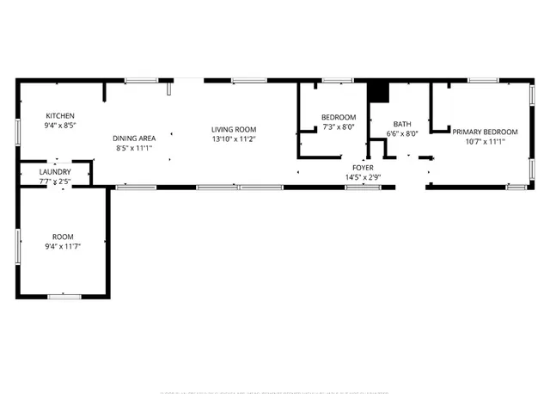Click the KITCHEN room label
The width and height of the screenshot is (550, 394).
tap(60, 115)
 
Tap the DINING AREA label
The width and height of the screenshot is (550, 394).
tap(134, 138)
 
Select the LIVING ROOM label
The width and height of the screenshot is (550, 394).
tap(235, 129)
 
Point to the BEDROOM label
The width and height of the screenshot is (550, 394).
tap(339, 117)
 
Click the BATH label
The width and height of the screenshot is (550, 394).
tap(402, 124)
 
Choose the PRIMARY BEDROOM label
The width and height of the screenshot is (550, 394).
tap(486, 132)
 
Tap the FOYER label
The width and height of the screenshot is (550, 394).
tap(362, 168)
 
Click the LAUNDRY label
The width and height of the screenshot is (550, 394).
tap(55, 172)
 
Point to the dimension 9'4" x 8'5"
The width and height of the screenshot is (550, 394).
tap(60, 126)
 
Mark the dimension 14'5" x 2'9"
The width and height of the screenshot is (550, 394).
tap(362, 177)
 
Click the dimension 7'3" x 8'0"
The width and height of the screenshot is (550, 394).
tap(339, 127)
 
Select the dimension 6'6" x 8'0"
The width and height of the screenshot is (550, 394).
tap(402, 133)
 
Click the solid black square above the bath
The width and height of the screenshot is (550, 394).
tap(377, 90)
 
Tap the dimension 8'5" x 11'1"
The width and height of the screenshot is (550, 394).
tap(134, 147)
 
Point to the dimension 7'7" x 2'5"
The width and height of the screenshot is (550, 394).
tap(55, 182)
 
